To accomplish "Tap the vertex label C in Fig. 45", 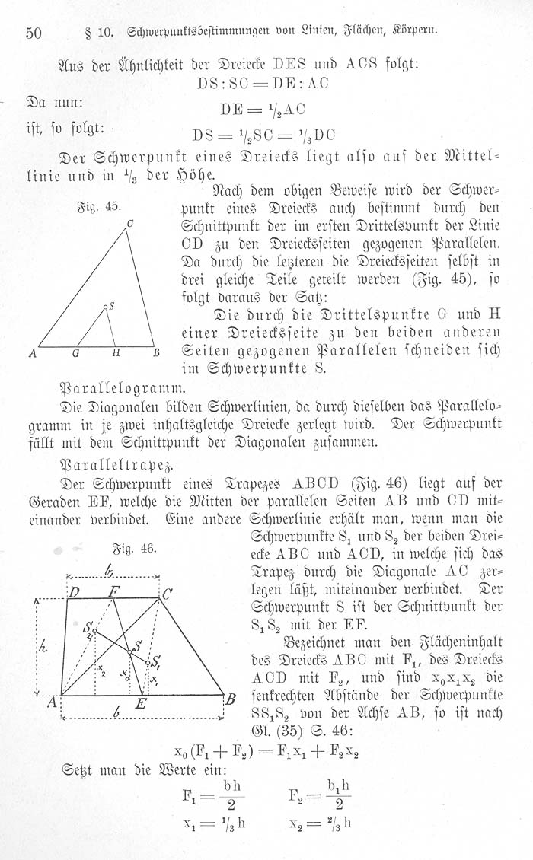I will pyautogui.click(x=130, y=223).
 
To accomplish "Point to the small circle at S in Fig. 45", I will pyautogui.click(x=106, y=307).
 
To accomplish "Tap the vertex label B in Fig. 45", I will pyautogui.click(x=155, y=353).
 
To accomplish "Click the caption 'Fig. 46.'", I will pyautogui.click(x=137, y=549).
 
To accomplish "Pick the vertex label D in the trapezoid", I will pyautogui.click(x=75, y=592).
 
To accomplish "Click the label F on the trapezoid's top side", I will pyautogui.click(x=113, y=590).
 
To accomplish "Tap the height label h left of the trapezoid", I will pyautogui.click(x=43, y=645).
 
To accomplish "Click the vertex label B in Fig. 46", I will pyautogui.click(x=231, y=699).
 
